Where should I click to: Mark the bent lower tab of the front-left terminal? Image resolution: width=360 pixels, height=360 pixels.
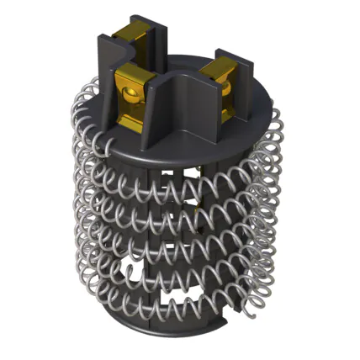(x=133, y=123)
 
